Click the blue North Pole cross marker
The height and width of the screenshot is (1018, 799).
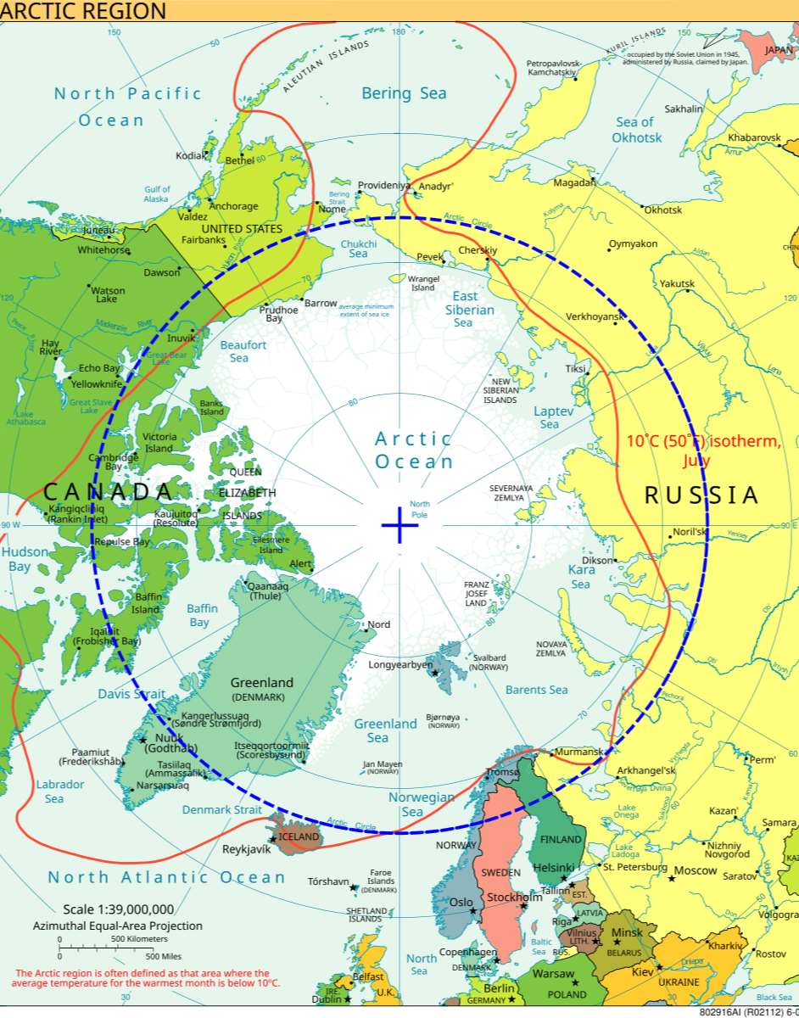399,526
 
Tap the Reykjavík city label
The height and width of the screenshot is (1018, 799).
246,849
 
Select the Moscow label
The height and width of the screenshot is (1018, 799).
696,871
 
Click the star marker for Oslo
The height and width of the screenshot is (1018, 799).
472,911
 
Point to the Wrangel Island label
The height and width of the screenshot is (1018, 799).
422,282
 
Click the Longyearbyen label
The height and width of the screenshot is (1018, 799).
400,665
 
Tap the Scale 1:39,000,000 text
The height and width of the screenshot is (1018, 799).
118,909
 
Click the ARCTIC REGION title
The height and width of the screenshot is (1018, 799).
83,11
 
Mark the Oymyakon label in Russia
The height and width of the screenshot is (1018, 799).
633,244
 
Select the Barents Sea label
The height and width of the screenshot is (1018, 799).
536,690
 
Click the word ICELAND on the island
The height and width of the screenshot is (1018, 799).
299,836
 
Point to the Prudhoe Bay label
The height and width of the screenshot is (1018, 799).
278,314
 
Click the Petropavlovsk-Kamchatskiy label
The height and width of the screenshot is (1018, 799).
554,69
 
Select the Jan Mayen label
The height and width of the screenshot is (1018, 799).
382,767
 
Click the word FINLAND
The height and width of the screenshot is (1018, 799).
561,840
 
